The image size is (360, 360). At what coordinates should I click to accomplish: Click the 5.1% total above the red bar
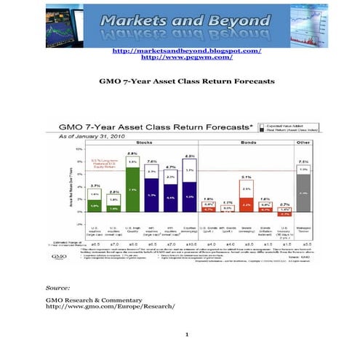pyautogui.click(x=246, y=177)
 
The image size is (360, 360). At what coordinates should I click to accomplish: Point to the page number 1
pyautogui.click(x=186, y=335)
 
